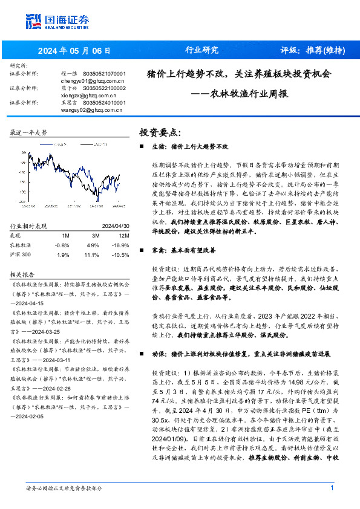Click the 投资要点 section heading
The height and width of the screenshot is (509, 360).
[160, 132]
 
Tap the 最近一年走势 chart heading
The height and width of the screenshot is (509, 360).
[29, 132]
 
